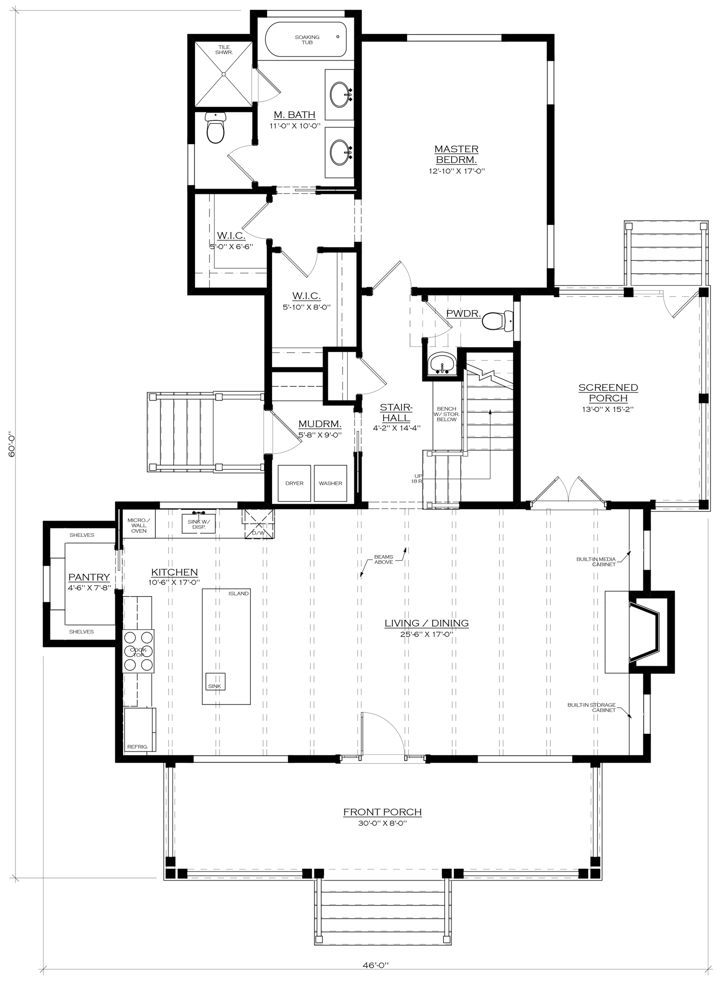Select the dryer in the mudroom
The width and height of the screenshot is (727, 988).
[x=294, y=483]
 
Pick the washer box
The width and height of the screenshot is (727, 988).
[x=330, y=483]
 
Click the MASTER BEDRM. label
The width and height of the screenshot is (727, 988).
[x=456, y=155]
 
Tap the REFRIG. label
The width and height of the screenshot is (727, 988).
[x=138, y=747]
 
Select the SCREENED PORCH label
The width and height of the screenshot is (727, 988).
[x=608, y=393]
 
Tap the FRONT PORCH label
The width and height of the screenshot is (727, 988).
[x=383, y=812]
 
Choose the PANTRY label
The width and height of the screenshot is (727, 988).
[x=89, y=577]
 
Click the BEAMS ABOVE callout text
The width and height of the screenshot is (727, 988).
[x=383, y=559]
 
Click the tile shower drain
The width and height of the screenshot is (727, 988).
[x=223, y=74]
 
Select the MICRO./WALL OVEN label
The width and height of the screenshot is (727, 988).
[x=139, y=526]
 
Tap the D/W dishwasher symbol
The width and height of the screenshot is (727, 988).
[x=259, y=524]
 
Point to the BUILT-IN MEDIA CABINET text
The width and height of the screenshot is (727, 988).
[x=596, y=562]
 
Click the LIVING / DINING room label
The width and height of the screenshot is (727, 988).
[x=427, y=623]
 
